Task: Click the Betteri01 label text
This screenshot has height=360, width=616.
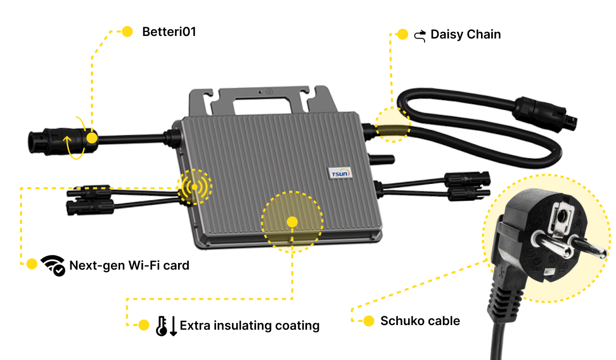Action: point(169,32)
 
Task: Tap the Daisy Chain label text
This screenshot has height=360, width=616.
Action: point(465,35)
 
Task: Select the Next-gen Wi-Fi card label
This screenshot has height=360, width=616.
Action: point(129,266)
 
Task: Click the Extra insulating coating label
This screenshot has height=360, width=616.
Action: point(249,325)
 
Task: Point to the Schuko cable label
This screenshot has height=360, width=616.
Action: point(420,321)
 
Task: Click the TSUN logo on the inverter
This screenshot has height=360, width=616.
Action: point(340,174)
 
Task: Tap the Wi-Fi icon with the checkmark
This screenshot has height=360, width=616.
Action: point(53,265)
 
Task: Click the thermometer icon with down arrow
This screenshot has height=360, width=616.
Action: point(166,326)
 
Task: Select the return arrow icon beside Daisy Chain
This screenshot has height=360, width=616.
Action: point(420,35)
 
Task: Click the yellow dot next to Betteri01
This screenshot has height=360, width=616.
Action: point(127,31)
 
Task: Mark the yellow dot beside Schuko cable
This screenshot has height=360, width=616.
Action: point(369,321)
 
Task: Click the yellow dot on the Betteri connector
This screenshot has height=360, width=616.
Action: point(91,138)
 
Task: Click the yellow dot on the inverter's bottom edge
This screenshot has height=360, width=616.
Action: point(292,222)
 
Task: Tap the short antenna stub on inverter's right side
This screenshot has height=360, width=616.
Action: point(384,159)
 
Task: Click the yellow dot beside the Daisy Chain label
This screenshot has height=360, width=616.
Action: point(402,34)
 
